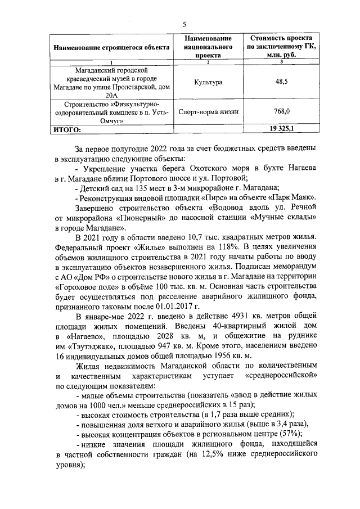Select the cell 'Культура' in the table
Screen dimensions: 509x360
(x=208, y=82)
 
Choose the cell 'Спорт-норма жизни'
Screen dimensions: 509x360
(x=208, y=111)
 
